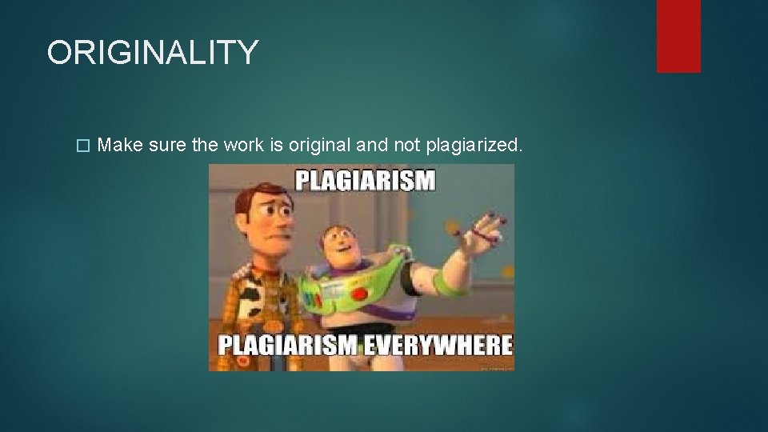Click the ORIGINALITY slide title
pos(152,53)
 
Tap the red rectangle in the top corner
pos(678,36)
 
